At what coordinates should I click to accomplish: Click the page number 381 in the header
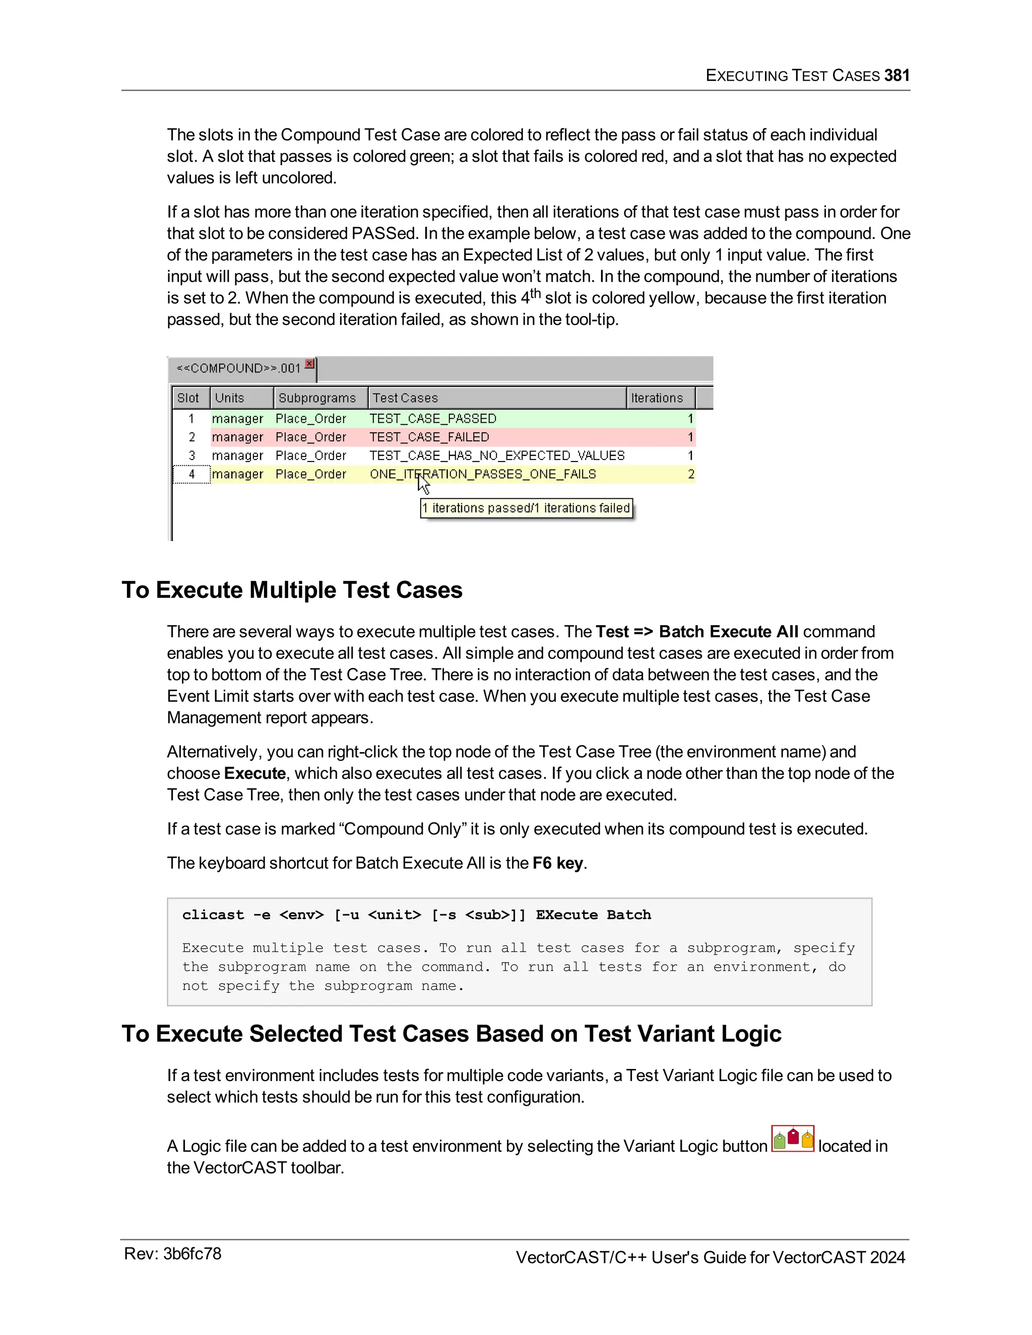(x=896, y=75)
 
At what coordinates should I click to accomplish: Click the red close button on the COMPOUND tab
(x=310, y=364)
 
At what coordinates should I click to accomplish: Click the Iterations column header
(x=657, y=398)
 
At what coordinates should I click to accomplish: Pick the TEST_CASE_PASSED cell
(x=433, y=419)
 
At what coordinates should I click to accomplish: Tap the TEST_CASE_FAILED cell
(x=429, y=437)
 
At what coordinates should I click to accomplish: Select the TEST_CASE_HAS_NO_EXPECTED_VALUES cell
(x=497, y=455)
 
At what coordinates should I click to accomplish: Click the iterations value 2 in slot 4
(x=691, y=475)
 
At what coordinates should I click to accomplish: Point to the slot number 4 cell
(x=191, y=475)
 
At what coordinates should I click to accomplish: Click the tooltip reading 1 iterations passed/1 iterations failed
(x=526, y=508)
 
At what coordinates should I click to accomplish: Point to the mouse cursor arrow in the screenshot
(x=423, y=484)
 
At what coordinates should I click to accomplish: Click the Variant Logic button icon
(x=793, y=1139)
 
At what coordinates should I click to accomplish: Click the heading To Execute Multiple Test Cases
(x=292, y=590)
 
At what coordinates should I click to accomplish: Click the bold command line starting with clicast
(x=416, y=914)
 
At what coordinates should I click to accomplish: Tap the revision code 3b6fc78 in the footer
(x=192, y=1254)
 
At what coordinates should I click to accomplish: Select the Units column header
(x=229, y=398)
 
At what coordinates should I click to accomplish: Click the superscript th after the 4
(x=535, y=293)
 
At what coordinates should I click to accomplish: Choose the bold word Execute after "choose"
(x=255, y=773)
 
